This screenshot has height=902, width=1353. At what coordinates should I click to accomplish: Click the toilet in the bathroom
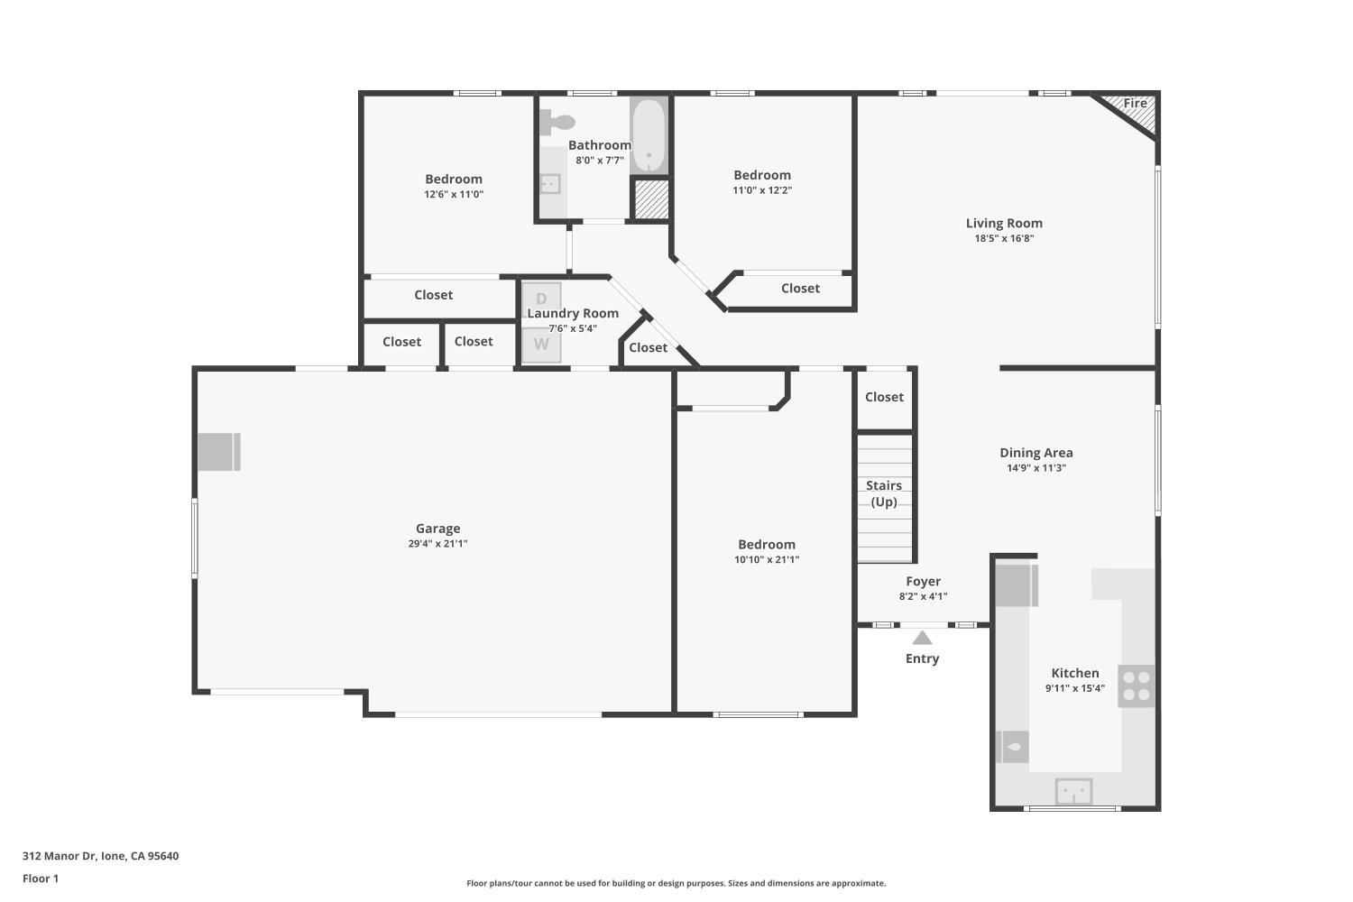(557, 122)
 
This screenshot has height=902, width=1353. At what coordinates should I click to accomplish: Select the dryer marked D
(541, 299)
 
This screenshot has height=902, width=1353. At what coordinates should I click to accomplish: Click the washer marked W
(541, 345)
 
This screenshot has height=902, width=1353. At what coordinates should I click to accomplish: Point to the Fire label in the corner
(1135, 104)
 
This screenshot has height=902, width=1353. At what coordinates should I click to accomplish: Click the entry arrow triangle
(922, 638)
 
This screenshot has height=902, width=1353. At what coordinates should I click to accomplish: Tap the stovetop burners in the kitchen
(1137, 686)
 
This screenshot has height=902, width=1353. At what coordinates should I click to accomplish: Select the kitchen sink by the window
(1073, 791)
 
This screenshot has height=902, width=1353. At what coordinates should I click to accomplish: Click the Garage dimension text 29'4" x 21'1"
(437, 543)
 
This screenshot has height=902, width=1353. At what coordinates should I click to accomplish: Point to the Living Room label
(1004, 223)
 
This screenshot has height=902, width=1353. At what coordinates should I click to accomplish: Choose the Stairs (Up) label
(884, 493)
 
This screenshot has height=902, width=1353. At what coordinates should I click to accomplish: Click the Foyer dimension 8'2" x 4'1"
(923, 596)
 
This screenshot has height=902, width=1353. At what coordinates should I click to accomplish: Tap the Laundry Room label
(573, 313)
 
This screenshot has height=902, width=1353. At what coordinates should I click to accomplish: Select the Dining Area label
(1035, 453)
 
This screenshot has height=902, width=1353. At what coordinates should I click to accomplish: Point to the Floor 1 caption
(41, 879)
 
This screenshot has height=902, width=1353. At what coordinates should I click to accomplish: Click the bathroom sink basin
(549, 184)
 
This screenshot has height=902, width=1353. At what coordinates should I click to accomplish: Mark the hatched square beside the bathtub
(650, 199)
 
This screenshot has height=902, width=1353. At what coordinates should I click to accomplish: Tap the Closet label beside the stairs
(884, 397)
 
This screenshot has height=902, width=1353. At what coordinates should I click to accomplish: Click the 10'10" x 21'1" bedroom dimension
(767, 559)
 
